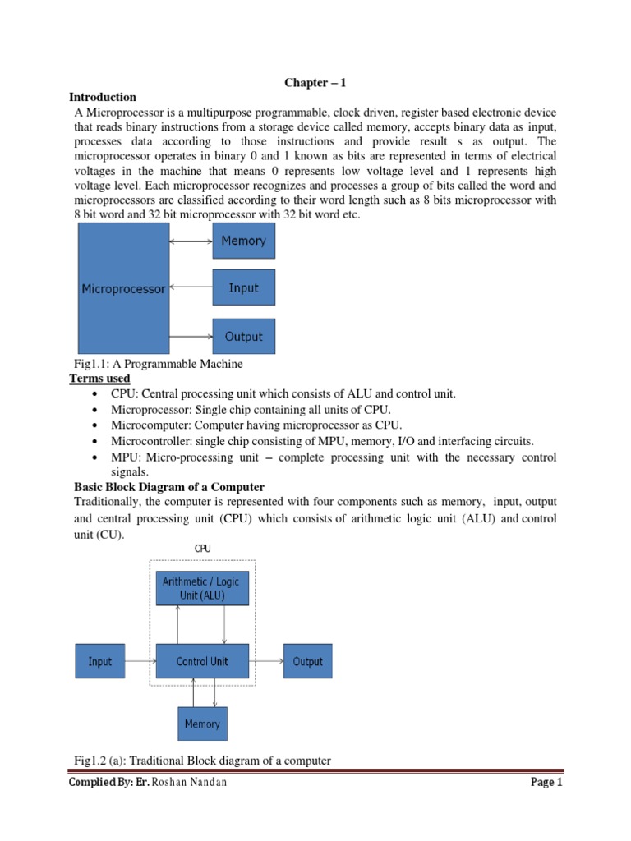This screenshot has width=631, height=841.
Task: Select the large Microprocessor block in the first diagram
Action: (x=123, y=289)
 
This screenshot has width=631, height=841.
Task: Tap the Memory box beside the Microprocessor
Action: (x=243, y=241)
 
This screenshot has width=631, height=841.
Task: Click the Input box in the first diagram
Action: (x=243, y=288)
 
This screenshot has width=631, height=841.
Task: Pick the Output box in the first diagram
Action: (x=243, y=337)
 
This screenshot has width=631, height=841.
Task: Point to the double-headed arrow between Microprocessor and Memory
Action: (x=191, y=241)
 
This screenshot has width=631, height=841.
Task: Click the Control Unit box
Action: (x=202, y=661)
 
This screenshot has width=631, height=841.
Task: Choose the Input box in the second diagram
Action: (x=99, y=661)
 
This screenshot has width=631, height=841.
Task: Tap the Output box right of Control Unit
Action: (x=308, y=661)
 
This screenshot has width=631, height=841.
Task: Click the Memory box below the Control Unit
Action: (x=202, y=724)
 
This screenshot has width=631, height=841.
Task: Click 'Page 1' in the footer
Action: (x=546, y=784)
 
